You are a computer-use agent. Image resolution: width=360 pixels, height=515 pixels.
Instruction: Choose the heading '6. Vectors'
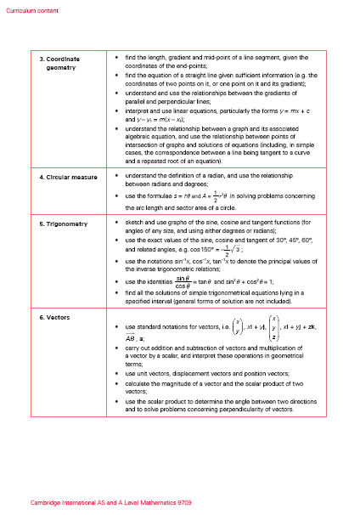[x=52, y=317]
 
